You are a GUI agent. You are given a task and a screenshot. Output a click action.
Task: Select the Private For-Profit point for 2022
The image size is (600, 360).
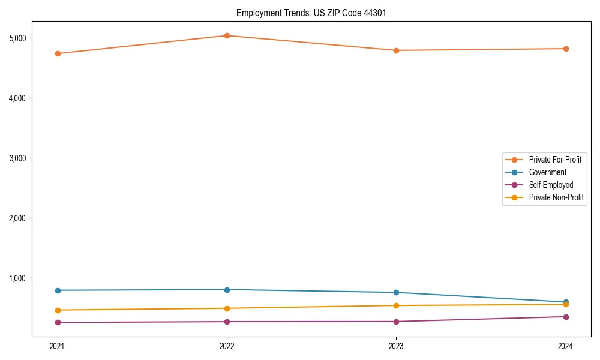pyautogui.click(x=227, y=35)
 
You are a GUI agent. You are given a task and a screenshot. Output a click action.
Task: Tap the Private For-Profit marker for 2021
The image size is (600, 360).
pyautogui.click(x=58, y=53)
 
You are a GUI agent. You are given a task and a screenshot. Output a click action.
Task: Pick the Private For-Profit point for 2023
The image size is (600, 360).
pyautogui.click(x=396, y=50)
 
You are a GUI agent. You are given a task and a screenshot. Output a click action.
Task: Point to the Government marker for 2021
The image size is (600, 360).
pyautogui.click(x=58, y=290)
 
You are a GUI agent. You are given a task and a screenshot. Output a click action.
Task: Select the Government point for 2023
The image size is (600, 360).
pyautogui.click(x=396, y=293)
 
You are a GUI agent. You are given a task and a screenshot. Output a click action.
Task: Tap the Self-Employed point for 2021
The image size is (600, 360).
pyautogui.click(x=58, y=323)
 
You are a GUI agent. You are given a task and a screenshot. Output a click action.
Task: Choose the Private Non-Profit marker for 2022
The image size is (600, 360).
pyautogui.click(x=227, y=308)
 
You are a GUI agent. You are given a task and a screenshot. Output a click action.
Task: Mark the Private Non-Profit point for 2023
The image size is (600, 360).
pyautogui.click(x=396, y=305)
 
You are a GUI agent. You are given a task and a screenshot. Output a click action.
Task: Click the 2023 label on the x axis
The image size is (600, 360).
pyautogui.click(x=396, y=346)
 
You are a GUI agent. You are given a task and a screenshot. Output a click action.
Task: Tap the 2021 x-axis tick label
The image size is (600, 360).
pyautogui.click(x=58, y=346)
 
